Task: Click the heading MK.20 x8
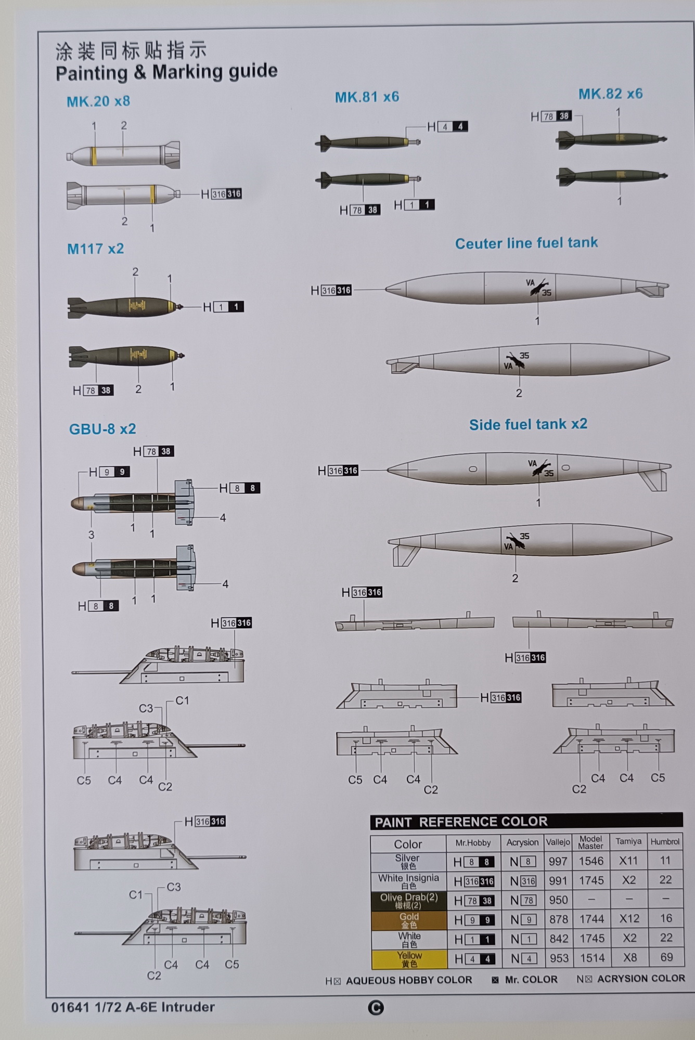pyautogui.click(x=98, y=101)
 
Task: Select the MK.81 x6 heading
pyautogui.click(x=367, y=97)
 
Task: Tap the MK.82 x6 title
pyautogui.click(x=610, y=94)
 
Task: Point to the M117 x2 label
pyautogui.click(x=96, y=249)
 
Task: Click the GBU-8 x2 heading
pyautogui.click(x=102, y=429)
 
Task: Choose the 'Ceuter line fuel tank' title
pyautogui.click(x=526, y=243)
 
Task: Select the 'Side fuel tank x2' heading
pyautogui.click(x=528, y=424)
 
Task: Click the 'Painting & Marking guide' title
pyautogui.click(x=166, y=72)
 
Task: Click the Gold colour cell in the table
pyautogui.click(x=409, y=920)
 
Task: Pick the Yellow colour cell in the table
pyautogui.click(x=409, y=959)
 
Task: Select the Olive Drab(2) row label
pyautogui.click(x=409, y=900)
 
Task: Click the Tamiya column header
pyautogui.click(x=628, y=841)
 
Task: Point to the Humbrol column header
pyautogui.click(x=665, y=841)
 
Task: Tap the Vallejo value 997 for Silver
pyautogui.click(x=558, y=861)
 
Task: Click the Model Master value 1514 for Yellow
pyautogui.click(x=592, y=958)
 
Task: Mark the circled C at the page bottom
pyautogui.click(x=376, y=1008)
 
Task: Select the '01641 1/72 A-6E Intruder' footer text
pyautogui.click(x=133, y=1007)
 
